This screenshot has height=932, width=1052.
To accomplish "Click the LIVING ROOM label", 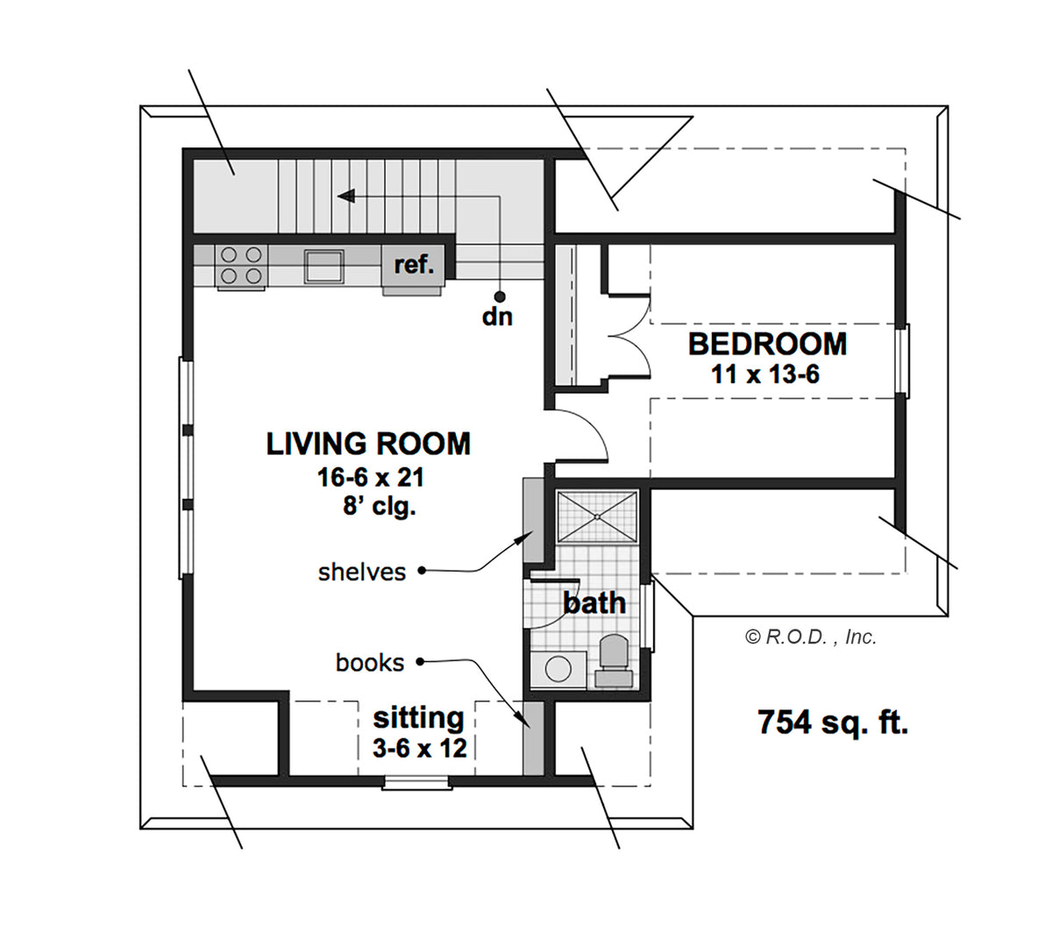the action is click(x=368, y=444).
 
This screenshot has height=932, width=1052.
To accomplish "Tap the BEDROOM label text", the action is click(x=767, y=344).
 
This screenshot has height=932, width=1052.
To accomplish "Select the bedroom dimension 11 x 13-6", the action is click(x=764, y=374).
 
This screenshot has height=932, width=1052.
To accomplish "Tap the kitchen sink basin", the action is click(x=323, y=266).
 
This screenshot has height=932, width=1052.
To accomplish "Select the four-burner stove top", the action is click(x=241, y=266).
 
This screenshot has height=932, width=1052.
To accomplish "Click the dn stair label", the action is click(x=497, y=317).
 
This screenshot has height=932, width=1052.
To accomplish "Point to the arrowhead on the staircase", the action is click(x=345, y=196).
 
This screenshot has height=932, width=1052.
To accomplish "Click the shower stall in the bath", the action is click(x=597, y=516).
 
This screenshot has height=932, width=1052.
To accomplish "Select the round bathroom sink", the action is click(x=558, y=669).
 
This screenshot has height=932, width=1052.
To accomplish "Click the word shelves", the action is click(x=362, y=573).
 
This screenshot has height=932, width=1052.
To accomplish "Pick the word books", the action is click(x=370, y=663).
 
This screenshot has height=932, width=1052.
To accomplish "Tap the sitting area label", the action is click(x=418, y=718).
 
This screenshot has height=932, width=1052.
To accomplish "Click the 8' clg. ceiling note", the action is click(x=379, y=505).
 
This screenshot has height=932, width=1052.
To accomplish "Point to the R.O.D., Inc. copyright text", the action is click(x=811, y=637).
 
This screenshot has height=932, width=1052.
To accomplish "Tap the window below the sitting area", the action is click(x=417, y=783).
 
